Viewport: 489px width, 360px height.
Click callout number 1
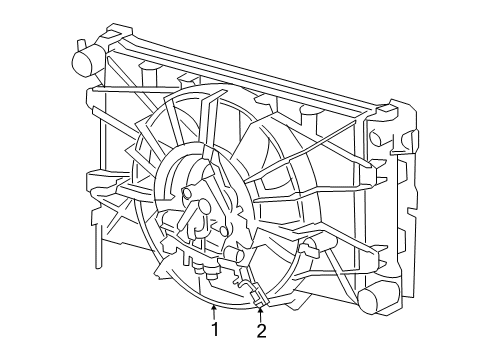pyautogui.click(x=214, y=330)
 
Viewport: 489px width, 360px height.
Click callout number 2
pyautogui.click(x=262, y=330)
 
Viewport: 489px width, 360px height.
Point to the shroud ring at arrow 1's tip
pyautogui.click(x=214, y=300)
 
